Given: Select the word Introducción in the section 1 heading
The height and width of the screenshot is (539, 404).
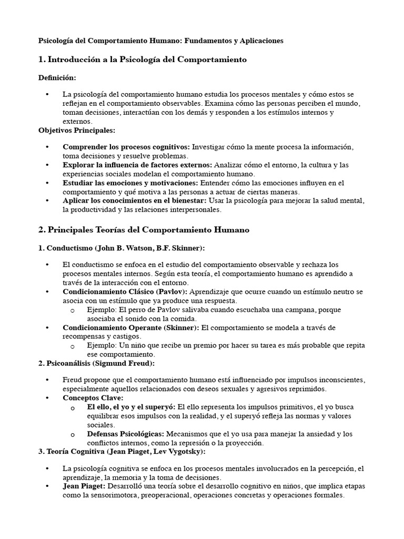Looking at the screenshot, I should (72, 60).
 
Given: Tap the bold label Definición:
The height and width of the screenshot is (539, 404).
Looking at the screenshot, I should (57, 78).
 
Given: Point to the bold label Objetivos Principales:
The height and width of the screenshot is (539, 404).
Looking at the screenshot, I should (76, 130).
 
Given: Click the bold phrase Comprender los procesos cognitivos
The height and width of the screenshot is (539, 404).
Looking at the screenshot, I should (126, 147).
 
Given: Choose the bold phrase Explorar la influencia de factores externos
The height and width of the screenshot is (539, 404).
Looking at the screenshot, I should (137, 165).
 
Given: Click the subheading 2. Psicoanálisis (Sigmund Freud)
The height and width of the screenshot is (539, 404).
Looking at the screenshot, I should (97, 363).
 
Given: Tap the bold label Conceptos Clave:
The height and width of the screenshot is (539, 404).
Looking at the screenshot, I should (93, 398).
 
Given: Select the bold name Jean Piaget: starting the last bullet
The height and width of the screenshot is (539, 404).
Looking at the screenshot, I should (85, 486).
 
